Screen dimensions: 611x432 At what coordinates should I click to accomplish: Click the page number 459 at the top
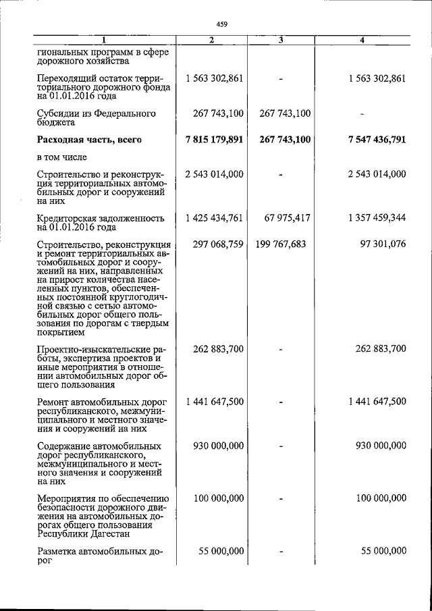223,25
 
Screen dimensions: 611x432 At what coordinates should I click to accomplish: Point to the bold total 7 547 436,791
368,140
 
